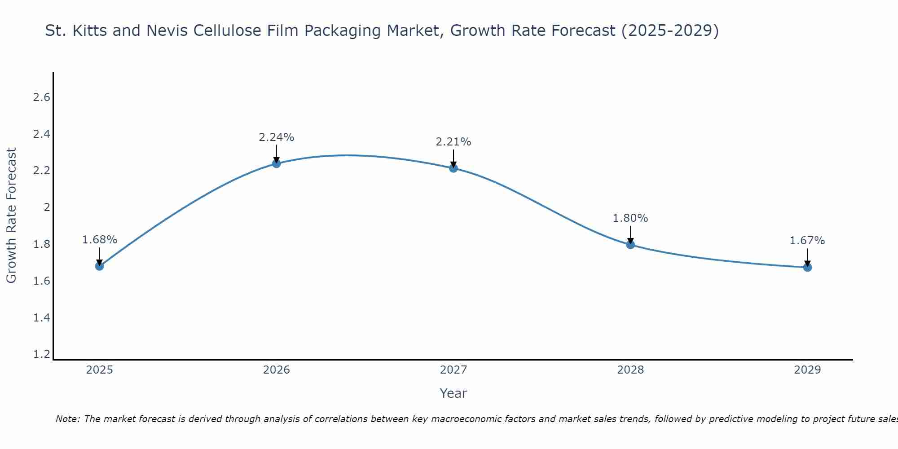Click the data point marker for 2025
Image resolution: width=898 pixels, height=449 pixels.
click(x=99, y=266)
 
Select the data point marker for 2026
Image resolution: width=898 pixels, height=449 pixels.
click(x=276, y=163)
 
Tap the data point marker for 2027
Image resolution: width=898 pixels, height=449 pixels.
click(x=453, y=168)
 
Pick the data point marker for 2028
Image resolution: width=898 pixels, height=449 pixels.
click(x=630, y=244)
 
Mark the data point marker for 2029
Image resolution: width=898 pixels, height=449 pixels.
click(x=807, y=267)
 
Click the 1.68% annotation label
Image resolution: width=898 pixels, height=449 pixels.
click(x=99, y=240)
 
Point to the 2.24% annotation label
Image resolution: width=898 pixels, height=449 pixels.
click(x=276, y=137)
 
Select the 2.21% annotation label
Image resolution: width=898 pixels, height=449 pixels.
click(x=453, y=142)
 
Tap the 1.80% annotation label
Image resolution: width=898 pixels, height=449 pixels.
click(x=630, y=218)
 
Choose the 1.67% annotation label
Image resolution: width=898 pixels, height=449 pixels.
click(x=807, y=241)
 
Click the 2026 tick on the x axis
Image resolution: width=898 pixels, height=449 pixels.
click(x=276, y=370)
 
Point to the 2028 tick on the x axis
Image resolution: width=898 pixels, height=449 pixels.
click(x=630, y=370)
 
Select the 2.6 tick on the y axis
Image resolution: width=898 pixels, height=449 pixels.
click(x=42, y=97)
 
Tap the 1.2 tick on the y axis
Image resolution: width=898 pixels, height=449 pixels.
click(x=42, y=354)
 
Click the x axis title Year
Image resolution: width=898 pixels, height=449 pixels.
click(x=453, y=393)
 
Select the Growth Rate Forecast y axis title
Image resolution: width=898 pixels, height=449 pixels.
click(x=11, y=215)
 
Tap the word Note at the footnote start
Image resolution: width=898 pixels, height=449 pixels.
click(x=67, y=419)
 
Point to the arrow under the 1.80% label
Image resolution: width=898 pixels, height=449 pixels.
click(x=630, y=234)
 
